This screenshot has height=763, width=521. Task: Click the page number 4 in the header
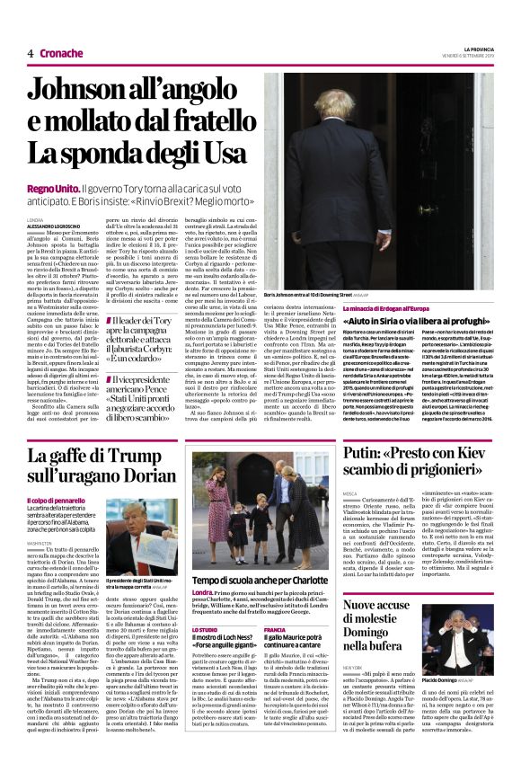pyautogui.click(x=31, y=54)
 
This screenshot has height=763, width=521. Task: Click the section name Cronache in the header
pyautogui.click(x=61, y=54)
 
